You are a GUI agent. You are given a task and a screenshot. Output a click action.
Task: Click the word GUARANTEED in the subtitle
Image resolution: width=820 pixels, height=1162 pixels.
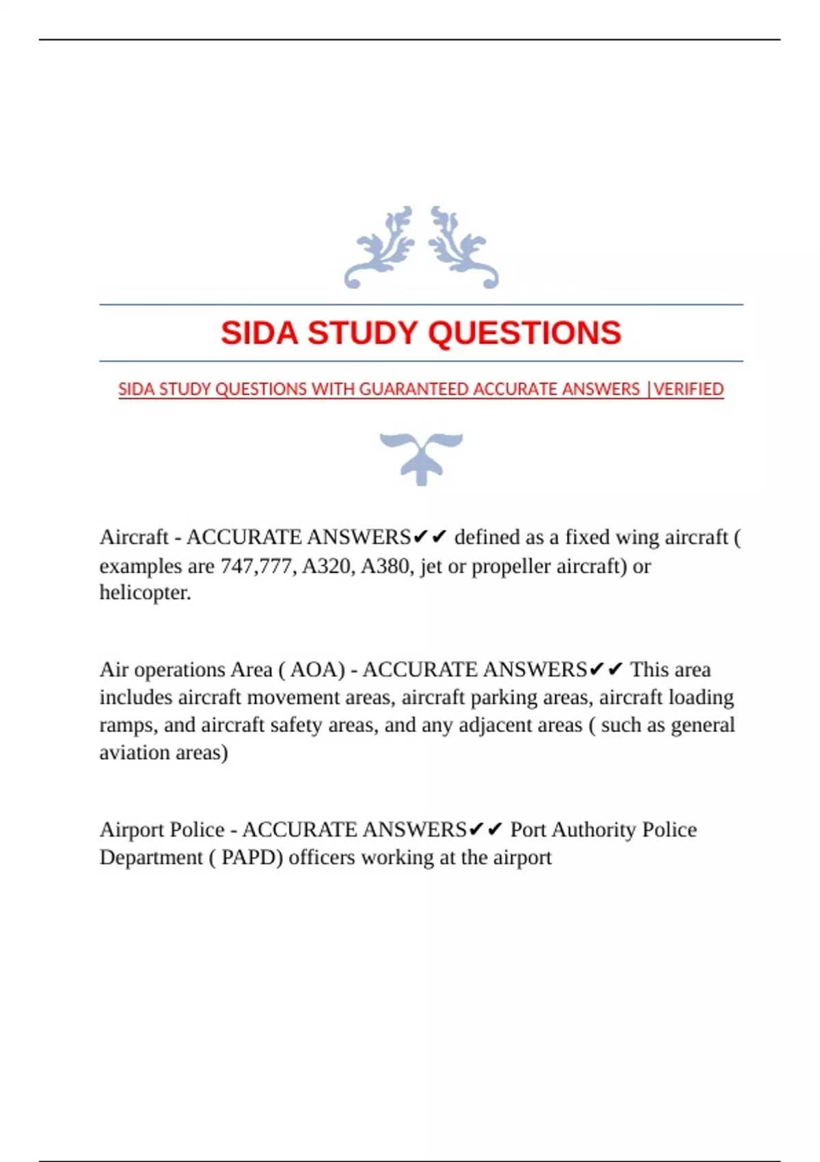tap(414, 389)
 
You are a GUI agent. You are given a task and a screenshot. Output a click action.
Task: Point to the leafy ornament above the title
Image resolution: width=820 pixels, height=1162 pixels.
tap(421, 247)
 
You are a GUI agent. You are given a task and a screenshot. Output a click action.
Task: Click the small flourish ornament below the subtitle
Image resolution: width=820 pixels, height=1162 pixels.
tap(421, 457)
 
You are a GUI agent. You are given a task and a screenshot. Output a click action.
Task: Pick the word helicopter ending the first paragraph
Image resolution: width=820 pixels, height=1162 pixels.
tap(145, 593)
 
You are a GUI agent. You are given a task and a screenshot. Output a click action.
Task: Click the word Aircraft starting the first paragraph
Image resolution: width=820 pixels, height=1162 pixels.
tap(134, 537)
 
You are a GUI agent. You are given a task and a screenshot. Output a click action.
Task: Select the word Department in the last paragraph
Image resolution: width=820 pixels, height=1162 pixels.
tap(151, 857)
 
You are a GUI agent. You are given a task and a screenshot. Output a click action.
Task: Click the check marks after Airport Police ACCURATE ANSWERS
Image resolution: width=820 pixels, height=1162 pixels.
tap(486, 830)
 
